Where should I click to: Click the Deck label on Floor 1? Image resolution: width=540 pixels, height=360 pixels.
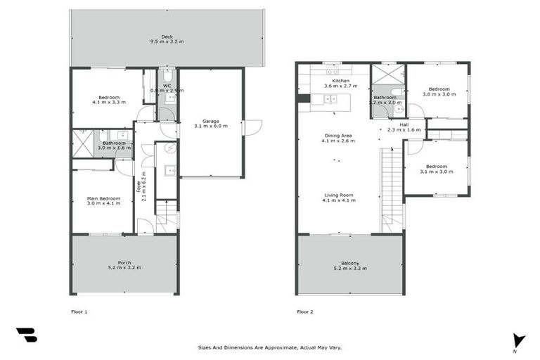point(167,39)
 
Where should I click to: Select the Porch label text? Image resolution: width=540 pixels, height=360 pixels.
point(124,265)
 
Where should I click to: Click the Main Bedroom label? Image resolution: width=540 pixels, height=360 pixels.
point(103,201)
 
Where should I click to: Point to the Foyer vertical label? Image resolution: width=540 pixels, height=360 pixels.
point(144,186)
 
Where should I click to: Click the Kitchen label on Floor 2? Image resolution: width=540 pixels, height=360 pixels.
point(341,84)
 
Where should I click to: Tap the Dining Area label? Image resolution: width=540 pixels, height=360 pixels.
point(339,138)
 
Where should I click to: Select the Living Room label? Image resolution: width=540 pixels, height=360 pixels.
point(339,198)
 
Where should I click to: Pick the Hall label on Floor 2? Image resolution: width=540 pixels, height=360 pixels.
point(404,127)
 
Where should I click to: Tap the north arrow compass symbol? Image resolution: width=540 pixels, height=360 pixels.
point(519,340)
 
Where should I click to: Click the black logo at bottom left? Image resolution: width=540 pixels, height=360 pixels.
point(26,335)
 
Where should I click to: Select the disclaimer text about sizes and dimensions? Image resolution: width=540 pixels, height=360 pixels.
point(269,347)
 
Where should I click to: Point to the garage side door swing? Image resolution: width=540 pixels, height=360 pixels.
point(252,127)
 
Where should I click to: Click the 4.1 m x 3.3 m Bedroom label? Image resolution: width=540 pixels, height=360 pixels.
point(109,100)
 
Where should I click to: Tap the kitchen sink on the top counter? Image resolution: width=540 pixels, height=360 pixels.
point(332,70)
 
